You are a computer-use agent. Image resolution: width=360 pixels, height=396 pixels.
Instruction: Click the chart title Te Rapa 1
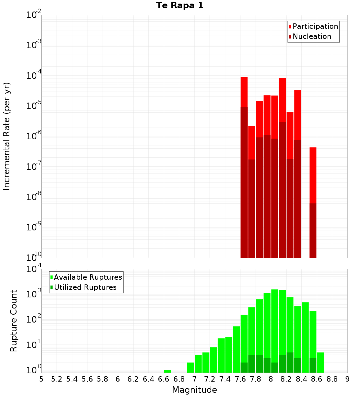click(x=180, y=5)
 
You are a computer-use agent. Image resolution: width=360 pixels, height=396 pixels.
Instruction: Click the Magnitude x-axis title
click(x=194, y=390)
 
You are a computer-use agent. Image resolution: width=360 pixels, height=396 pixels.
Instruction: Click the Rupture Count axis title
click(x=14, y=321)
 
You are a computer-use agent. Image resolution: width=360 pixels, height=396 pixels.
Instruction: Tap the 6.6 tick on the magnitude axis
click(x=164, y=379)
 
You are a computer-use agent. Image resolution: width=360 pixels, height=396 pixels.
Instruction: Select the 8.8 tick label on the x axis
click(x=332, y=379)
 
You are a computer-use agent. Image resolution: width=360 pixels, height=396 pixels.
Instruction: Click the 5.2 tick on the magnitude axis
click(x=57, y=379)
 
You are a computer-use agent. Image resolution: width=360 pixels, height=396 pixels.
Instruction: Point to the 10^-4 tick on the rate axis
click(x=34, y=76)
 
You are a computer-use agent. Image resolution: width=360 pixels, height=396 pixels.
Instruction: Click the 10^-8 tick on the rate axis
click(x=34, y=197)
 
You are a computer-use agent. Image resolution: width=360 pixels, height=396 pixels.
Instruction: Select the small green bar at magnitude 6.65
click(x=167, y=371)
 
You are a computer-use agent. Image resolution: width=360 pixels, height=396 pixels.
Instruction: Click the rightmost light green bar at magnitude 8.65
click(x=320, y=362)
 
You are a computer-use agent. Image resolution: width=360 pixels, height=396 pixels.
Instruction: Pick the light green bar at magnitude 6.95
click(x=190, y=367)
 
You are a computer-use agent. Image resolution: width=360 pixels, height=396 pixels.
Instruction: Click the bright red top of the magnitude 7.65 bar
click(x=244, y=91)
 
